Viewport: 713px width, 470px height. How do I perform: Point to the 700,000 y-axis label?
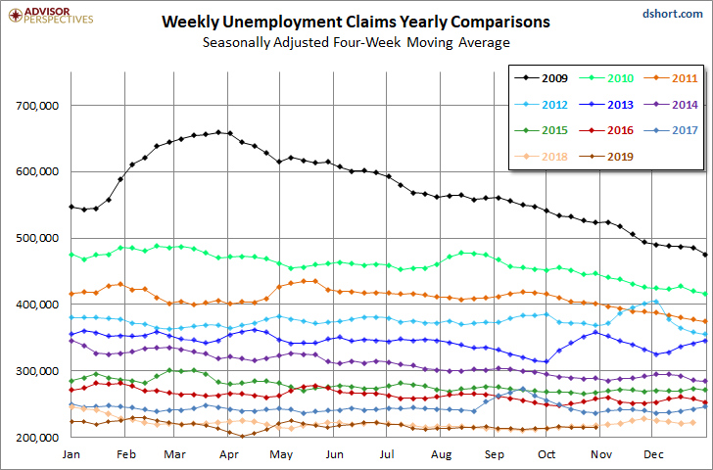38,105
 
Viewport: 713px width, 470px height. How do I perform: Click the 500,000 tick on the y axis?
38,238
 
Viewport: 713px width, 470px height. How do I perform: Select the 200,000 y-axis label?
38,438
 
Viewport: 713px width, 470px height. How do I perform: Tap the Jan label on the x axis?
71,454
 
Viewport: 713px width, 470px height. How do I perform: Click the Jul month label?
388,454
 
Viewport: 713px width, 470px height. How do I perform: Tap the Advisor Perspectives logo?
48,15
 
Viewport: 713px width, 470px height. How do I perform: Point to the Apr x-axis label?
230,454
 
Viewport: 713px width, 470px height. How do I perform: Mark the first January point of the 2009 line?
71,207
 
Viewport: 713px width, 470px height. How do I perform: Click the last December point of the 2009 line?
706,255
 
